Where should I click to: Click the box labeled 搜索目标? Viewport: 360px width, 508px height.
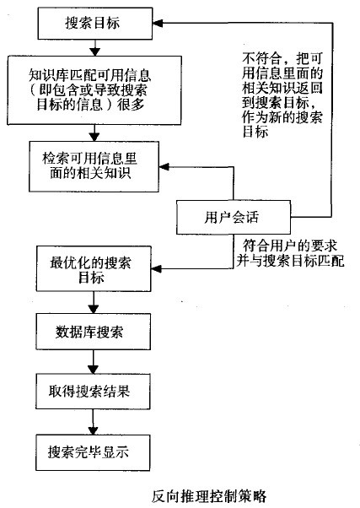tap(92, 23)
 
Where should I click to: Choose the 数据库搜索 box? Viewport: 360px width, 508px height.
tap(92, 331)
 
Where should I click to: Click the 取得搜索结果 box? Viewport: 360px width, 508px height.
tap(92, 393)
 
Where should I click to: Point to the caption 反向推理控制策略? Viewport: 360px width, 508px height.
tap(209, 495)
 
